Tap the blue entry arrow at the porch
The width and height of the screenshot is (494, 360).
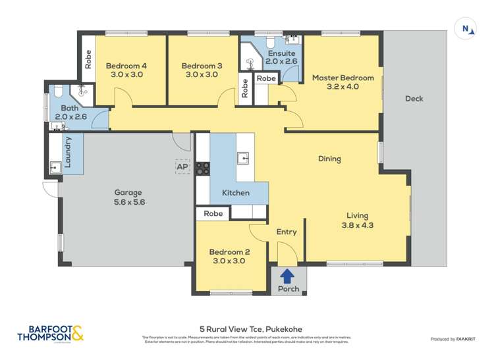[x=288, y=276]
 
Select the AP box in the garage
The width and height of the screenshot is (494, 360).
[x=182, y=167]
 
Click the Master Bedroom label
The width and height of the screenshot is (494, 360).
[x=343, y=78]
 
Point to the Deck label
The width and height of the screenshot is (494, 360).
[x=414, y=99]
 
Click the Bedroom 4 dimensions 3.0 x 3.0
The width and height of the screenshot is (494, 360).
[x=126, y=75]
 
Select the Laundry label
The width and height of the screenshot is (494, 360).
[x=67, y=151]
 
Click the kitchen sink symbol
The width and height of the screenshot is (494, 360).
[x=244, y=158]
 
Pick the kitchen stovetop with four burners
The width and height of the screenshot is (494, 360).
[x=202, y=168]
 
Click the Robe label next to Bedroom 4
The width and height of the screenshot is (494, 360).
[x=88, y=61]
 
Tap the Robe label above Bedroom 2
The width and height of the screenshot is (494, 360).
[x=213, y=214]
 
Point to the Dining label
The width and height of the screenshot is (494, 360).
[x=329, y=159]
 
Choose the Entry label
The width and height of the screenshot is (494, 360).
[x=287, y=232]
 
